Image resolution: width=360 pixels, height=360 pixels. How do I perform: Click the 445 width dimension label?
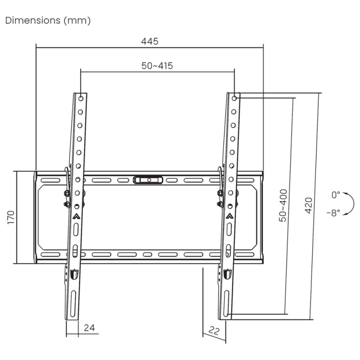tap(150, 41)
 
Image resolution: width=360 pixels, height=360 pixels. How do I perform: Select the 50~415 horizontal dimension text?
tap(157, 66)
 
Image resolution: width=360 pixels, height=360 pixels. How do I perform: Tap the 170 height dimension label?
tap(11, 217)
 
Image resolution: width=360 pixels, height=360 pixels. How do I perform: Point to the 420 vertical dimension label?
tap(309, 205)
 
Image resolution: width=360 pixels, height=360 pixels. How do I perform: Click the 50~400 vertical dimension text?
tap(283, 206)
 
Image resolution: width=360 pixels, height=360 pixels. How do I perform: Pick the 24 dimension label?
tap(89, 328)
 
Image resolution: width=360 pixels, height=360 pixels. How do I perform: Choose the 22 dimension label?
tap(214, 331)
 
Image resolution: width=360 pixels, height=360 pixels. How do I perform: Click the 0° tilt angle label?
tap(336, 195)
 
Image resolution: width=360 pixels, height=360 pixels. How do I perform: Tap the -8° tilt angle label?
tap(333, 213)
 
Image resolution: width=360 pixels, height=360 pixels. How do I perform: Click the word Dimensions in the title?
tap(33, 20)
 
